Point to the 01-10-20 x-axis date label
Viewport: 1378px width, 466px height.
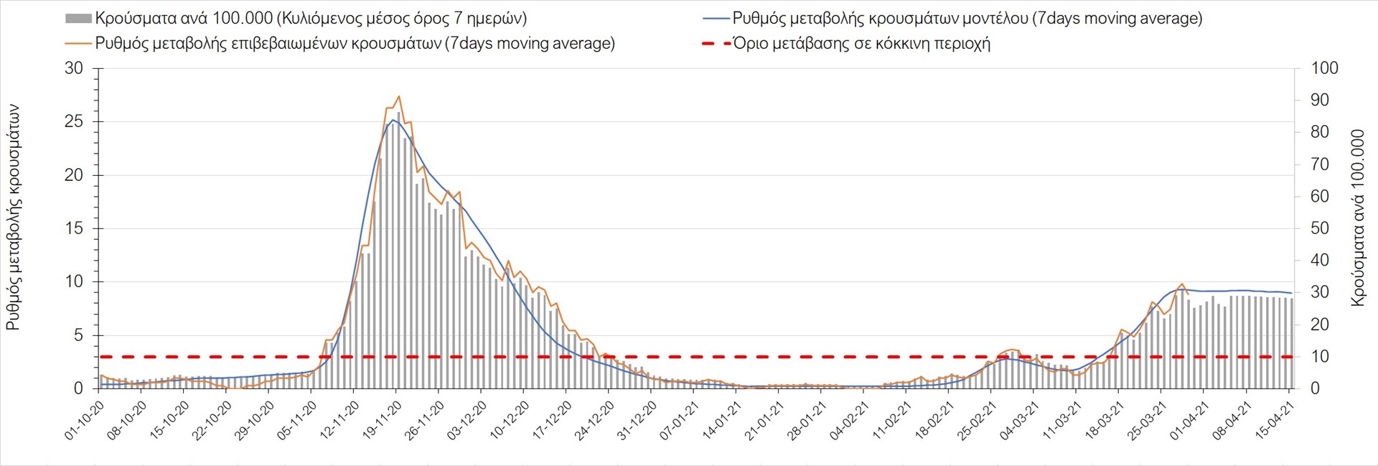click(85, 421)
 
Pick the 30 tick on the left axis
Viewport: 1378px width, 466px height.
click(74, 69)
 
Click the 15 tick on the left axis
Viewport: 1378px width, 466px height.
click(74, 229)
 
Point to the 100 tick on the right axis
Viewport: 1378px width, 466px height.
click(1324, 69)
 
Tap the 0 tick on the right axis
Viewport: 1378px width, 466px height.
click(1316, 388)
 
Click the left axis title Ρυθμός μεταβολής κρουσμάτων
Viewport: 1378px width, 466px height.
click(13, 218)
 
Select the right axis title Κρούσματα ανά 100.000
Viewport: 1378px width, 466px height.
click(1357, 218)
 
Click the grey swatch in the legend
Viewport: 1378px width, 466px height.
click(78, 19)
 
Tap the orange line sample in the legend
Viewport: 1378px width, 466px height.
click(78, 44)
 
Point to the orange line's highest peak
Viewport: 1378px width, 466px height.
click(398, 96)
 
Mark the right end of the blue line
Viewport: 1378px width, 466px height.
click(1292, 293)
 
